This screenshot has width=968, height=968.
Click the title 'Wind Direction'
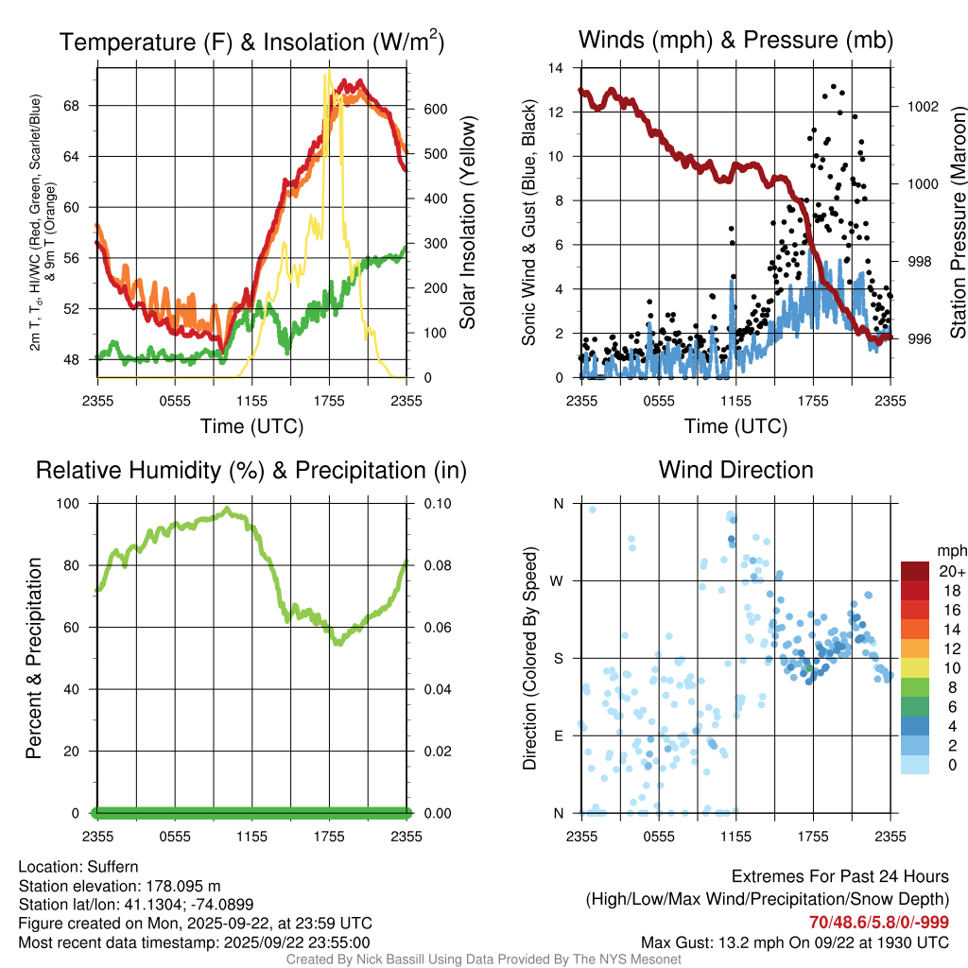click(735, 470)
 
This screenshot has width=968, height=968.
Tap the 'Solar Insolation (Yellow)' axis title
click(467, 222)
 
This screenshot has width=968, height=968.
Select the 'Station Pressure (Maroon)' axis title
click(957, 222)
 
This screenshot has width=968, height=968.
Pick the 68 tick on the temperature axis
click(80, 105)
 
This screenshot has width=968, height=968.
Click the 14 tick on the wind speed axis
click(556, 68)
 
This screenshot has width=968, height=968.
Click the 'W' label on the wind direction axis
click(558, 580)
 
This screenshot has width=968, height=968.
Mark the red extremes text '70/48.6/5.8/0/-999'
click(879, 923)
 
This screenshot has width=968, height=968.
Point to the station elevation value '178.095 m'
click(182, 886)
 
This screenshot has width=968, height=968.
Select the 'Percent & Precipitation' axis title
click(34, 658)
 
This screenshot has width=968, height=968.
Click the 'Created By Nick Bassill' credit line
click(483, 959)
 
